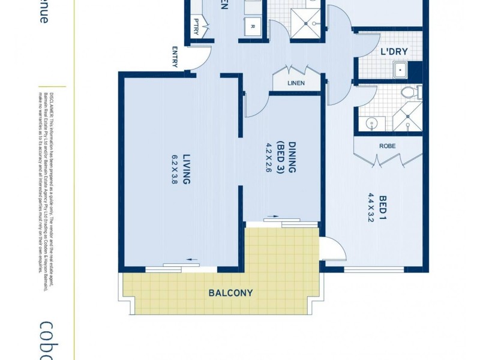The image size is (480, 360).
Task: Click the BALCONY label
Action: pos(231,293)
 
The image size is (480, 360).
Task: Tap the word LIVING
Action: pos(187,169)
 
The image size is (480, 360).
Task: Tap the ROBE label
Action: pos(386,146)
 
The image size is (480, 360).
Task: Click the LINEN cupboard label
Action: pos(296,83)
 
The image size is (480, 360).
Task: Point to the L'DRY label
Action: pos(394,52)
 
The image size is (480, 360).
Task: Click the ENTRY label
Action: pos(176,57)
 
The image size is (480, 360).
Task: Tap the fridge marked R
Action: pos(252,26)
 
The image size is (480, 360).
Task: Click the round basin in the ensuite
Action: pos(373,124)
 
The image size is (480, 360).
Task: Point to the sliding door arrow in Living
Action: pos(192,259)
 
